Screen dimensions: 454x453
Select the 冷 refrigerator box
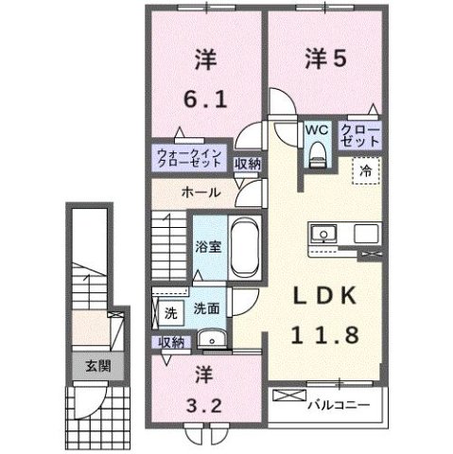[363, 170]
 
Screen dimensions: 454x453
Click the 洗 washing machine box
[170, 312]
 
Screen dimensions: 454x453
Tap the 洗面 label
[207, 307]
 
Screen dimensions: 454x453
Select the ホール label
[201, 192]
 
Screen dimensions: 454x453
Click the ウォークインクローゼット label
[190, 157]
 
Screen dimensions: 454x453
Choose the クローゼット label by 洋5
[360, 134]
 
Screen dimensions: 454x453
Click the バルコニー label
[337, 406]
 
